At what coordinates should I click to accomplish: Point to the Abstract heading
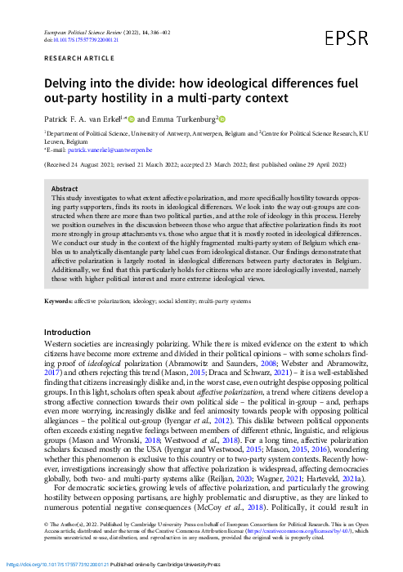(65, 189)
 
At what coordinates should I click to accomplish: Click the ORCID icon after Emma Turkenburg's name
(220, 118)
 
